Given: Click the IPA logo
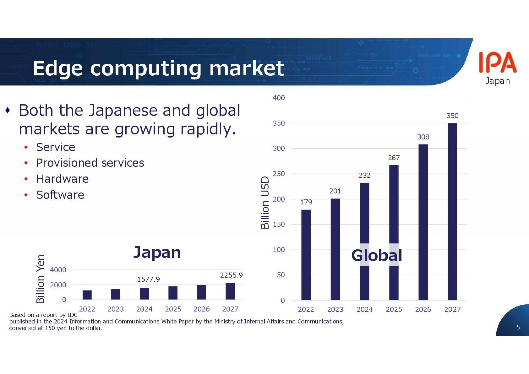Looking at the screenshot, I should [498, 63].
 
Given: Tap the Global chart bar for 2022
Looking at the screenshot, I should [306, 255].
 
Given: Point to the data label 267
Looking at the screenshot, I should [394, 158].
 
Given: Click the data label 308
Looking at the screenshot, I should [423, 137].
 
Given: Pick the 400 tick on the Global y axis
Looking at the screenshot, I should [279, 98].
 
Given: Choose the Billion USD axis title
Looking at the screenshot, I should [265, 203].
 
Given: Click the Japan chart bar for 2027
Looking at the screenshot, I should [230, 291].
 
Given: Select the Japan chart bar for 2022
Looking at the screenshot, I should [87, 295].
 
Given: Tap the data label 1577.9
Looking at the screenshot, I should [148, 279].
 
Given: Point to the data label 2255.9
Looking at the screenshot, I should [231, 275].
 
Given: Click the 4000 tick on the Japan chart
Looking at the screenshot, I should [58, 270].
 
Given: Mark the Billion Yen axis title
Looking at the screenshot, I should [40, 279].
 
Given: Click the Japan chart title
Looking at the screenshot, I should [157, 252].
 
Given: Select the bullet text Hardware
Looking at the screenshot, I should [63, 179].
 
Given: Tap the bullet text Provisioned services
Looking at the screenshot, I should [90, 163].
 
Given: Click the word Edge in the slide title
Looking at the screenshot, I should [57, 69].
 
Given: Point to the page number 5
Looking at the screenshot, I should [518, 327].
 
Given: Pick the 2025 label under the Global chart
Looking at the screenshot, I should [394, 309].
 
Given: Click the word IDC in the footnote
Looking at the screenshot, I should [72, 315].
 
